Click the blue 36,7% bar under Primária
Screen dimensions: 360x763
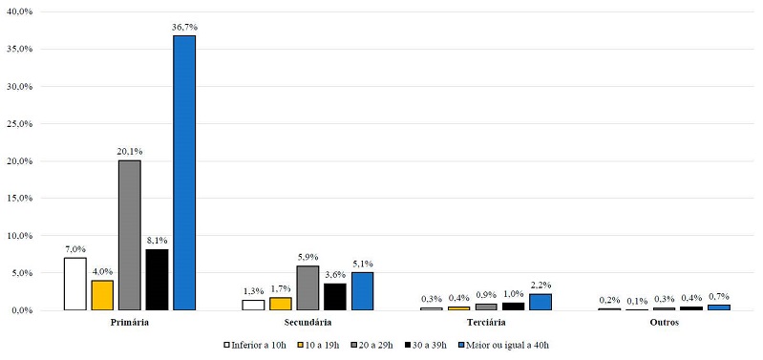tap(183, 173)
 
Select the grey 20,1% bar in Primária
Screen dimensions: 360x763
tap(129, 235)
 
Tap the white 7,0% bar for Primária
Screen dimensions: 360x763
tap(74, 284)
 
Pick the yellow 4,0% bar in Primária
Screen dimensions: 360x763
tap(102, 295)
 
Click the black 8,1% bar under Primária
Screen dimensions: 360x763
tap(157, 280)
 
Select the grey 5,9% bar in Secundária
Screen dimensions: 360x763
tap(307, 287)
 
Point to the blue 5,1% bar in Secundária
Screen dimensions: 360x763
tap(362, 291)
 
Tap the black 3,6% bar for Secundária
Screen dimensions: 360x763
tap(335, 296)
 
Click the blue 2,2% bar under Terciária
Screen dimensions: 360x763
tap(540, 302)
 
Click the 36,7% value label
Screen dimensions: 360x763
tap(183, 27)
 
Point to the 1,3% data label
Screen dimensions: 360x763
tap(253, 291)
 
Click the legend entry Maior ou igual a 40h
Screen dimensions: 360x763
tap(507, 345)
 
